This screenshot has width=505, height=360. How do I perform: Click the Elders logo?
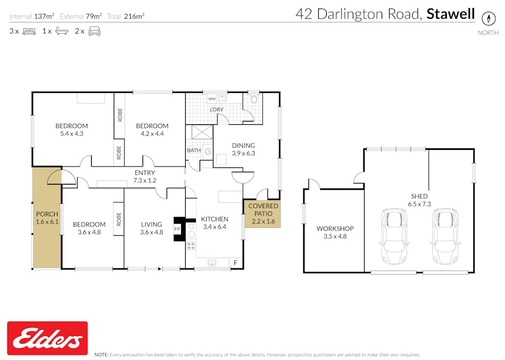tap(48, 338)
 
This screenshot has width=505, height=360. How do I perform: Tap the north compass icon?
tap(487, 18)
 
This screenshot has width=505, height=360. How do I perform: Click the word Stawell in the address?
tap(451, 14)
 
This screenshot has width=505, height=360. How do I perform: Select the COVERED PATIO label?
tap(263, 210)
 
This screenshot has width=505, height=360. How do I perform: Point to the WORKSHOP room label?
tap(335, 228)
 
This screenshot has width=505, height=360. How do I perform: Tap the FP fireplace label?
tap(177, 229)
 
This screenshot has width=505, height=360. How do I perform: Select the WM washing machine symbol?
tap(212, 99)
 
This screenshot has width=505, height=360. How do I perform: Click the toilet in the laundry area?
tap(254, 99)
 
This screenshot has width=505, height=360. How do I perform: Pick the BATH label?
tap(193, 150)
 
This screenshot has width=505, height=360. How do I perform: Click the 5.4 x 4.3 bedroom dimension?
tap(72, 133)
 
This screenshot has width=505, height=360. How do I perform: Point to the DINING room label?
tap(243, 145)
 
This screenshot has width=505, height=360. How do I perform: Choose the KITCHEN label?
tap(214, 219)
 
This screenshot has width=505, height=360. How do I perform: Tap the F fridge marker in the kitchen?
tap(235, 262)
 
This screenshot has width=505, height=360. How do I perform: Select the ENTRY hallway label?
tap(145, 173)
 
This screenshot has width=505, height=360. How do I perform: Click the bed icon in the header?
tap(29, 31)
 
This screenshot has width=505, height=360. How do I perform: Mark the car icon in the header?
tap(94, 31)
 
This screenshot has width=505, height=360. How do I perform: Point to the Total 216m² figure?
tap(126, 16)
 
